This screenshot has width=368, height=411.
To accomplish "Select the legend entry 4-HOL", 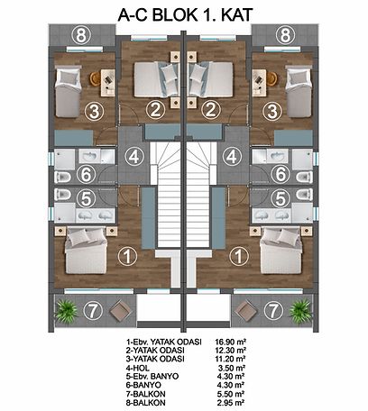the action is click(138, 368).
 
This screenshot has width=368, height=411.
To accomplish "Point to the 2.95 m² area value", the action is click(231, 402).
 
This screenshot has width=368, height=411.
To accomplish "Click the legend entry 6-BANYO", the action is click(143, 385).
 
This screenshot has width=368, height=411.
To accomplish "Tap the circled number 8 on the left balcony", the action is click(80, 36).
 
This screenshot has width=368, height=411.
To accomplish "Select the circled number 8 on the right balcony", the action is click(285, 35).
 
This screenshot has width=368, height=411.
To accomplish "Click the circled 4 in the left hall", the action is click(134, 156).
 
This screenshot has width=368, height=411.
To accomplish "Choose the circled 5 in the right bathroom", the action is click(281, 198).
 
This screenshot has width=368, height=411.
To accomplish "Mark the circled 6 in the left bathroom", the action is click(86, 174).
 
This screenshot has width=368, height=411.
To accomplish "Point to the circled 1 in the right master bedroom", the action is click(239, 256).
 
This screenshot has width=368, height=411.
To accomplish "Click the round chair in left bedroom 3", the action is click(95, 78).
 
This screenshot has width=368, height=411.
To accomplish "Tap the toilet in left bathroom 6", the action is click(62, 177).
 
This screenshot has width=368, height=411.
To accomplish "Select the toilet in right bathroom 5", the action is click(304, 195).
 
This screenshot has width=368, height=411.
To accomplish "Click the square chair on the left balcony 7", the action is click(121, 311).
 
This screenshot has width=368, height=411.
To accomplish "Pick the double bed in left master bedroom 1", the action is click(86, 251).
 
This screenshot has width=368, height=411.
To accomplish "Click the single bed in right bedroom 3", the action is click(299, 93).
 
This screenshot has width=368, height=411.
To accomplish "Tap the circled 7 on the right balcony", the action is click(273, 310).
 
